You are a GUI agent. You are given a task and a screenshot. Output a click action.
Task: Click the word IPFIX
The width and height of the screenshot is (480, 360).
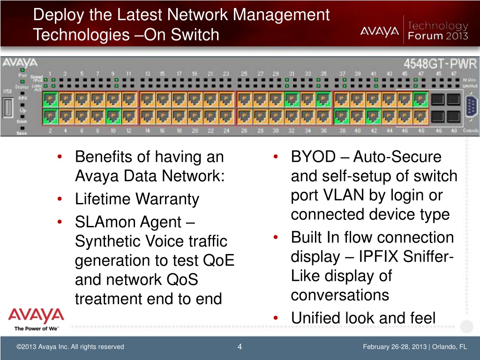tap(381, 257)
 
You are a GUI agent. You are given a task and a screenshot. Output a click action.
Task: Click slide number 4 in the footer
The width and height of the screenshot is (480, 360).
tap(240, 347)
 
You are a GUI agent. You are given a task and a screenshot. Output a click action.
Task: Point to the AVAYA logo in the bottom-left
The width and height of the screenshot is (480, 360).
tap(36, 315)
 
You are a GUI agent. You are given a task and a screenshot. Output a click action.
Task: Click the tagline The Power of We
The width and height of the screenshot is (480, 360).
tap(36, 328)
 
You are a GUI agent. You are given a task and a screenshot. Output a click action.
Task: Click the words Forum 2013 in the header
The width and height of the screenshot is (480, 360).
tap(438, 36)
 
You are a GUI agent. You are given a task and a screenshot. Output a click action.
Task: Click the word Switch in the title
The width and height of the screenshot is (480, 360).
tap(197, 34)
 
